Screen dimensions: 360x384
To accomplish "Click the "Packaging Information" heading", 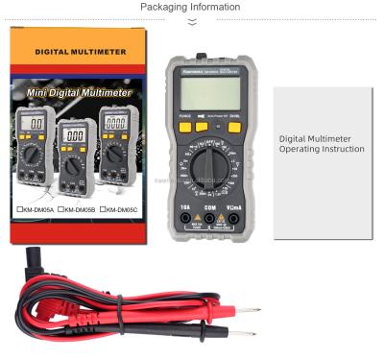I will pos(192,7).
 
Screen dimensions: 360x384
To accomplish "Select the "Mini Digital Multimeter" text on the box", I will pos(79,95).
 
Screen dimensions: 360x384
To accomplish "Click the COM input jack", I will pos(209,219).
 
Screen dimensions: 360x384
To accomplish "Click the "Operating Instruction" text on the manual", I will pos(316,149).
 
